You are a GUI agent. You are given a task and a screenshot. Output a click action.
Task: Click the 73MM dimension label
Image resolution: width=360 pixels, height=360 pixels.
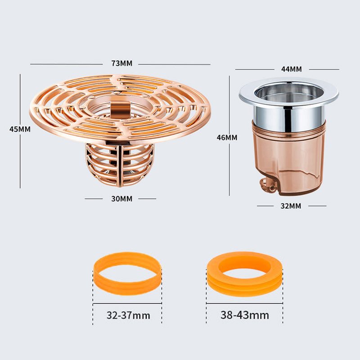(122, 63)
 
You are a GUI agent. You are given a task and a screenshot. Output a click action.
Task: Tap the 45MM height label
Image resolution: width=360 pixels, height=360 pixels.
(20, 129)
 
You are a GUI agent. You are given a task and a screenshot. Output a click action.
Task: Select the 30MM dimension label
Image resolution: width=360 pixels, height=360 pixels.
(121, 198)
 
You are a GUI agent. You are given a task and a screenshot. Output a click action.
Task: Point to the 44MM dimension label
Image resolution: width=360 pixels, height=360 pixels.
(291, 69)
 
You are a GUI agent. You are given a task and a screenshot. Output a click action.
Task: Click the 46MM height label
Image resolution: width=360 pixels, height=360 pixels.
(227, 137)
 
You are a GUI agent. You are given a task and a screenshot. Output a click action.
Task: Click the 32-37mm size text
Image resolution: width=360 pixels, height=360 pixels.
(128, 315)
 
